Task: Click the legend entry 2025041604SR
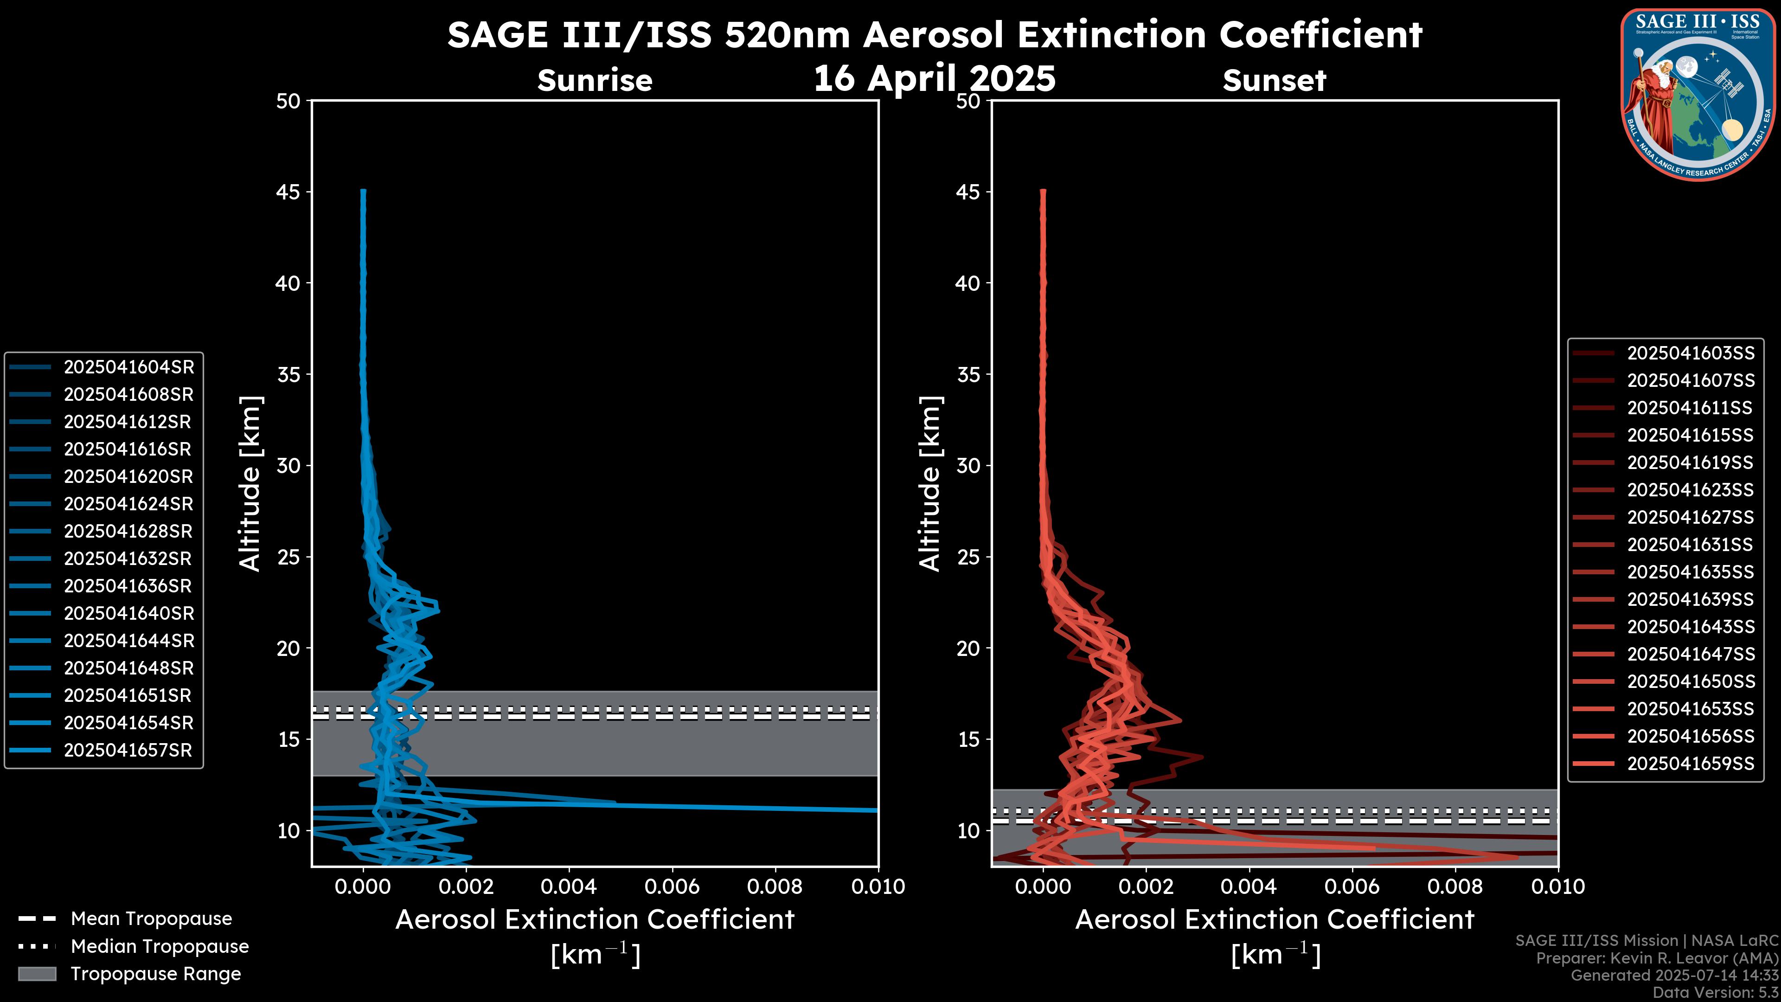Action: tap(128, 367)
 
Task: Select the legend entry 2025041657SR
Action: tap(128, 750)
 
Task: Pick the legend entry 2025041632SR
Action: tap(128, 559)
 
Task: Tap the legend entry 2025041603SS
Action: tap(1691, 353)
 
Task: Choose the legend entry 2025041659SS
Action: tap(1691, 764)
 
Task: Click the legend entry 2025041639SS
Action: tap(1691, 599)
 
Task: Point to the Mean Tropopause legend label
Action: tap(151, 918)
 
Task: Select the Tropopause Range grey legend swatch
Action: tap(37, 974)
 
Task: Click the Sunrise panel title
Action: tap(595, 81)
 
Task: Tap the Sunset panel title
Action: tap(1274, 81)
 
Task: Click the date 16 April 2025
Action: tap(934, 78)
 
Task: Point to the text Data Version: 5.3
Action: tap(1715, 992)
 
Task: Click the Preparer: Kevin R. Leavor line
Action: tap(1657, 958)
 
